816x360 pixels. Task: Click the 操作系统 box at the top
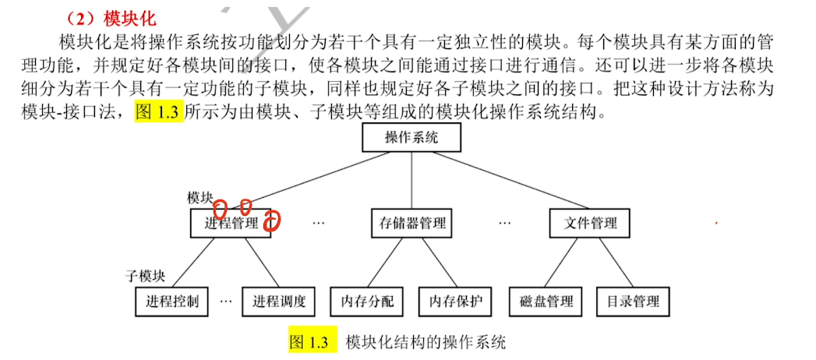pyautogui.click(x=412, y=139)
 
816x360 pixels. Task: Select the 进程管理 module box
pyautogui.click(x=231, y=223)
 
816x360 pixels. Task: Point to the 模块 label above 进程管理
pyautogui.click(x=200, y=198)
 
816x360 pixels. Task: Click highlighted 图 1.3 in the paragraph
pyautogui.click(x=157, y=113)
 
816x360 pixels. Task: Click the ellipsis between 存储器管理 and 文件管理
pyautogui.click(x=505, y=223)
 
